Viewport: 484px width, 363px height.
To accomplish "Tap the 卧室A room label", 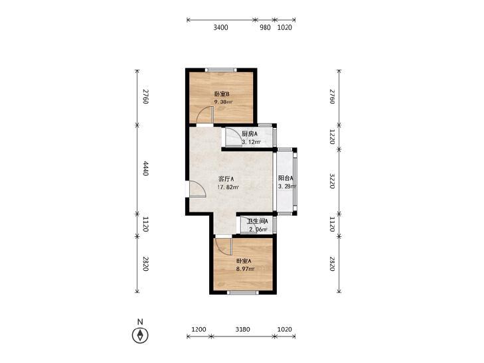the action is [x=244, y=261].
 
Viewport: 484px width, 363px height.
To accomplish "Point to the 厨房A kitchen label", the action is [x=250, y=134].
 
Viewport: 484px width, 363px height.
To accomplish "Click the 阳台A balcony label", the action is [x=285, y=178].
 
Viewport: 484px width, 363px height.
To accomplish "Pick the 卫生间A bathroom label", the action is [x=258, y=221].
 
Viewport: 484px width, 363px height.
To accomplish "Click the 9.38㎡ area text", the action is [x=224, y=102].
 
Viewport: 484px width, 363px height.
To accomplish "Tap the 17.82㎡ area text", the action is [x=228, y=187].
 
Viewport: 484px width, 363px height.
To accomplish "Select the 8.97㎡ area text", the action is [x=246, y=269].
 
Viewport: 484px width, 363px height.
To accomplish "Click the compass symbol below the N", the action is [x=140, y=335].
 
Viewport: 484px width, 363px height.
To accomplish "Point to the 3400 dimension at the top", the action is [x=220, y=27].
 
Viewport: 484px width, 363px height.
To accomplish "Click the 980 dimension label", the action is [x=265, y=27].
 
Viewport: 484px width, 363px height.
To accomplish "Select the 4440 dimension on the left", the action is [x=145, y=170].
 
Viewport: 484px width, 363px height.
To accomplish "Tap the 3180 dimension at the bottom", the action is [x=242, y=329].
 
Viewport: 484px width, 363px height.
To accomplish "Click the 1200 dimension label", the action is [x=199, y=329].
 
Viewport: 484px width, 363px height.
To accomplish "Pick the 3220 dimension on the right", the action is [x=332, y=181].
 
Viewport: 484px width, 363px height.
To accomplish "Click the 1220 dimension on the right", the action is [x=332, y=137].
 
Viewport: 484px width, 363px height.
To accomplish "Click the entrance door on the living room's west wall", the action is [x=197, y=188].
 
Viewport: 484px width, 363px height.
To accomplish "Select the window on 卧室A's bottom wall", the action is [x=242, y=292].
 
